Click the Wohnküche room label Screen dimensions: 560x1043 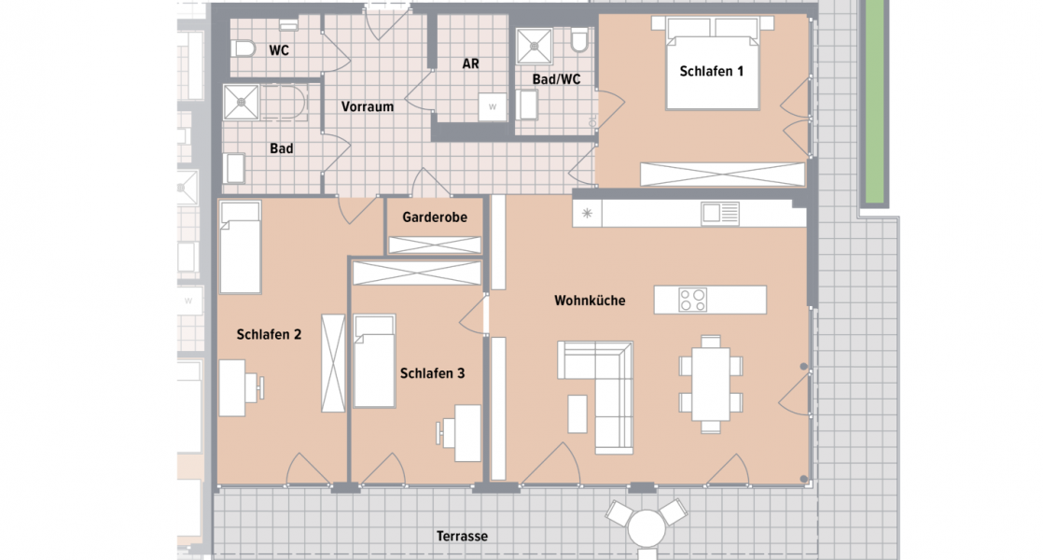coord(590,301)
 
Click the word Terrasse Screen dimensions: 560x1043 coord(462,537)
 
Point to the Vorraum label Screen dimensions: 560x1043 coord(367,106)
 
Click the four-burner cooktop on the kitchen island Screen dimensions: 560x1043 coord(692,300)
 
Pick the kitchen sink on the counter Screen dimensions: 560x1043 coord(720,214)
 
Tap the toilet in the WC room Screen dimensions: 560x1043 coord(245,49)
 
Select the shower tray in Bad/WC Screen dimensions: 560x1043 coord(535,43)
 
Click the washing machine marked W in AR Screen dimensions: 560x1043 coord(492,106)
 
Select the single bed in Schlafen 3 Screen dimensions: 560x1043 coord(374,361)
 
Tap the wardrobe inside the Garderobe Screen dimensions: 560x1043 coord(435,245)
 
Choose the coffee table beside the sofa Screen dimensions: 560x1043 coord(577,413)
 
